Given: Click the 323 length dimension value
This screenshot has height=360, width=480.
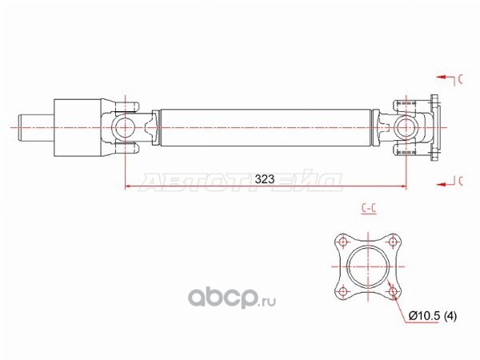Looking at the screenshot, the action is [x=265, y=179].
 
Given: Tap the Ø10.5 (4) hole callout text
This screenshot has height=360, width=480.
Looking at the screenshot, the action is [x=433, y=315].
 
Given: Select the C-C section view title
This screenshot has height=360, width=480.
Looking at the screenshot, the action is [x=369, y=209].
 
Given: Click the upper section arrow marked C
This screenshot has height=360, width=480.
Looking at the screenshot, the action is [x=450, y=79].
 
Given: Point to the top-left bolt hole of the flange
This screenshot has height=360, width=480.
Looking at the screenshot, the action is [x=342, y=242].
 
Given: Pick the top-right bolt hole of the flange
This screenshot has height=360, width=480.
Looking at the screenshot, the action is [x=393, y=242].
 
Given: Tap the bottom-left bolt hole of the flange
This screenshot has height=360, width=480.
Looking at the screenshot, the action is [x=342, y=291].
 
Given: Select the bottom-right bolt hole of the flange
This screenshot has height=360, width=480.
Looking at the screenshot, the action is [x=393, y=291].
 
